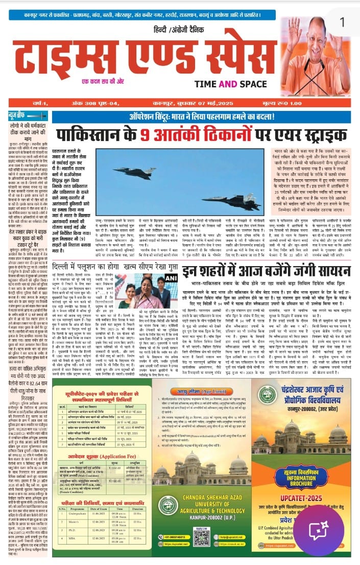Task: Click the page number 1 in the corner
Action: [x=342, y=22]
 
